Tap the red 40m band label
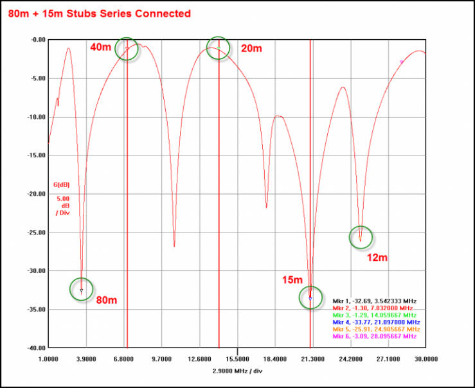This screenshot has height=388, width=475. (100, 47)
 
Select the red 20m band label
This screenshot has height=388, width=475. (251, 48)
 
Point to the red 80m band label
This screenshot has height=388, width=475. (107, 299)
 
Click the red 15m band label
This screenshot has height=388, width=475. (292, 280)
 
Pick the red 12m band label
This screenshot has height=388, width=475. (377, 258)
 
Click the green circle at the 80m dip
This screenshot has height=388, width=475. (81, 289)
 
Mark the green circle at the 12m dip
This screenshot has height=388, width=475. (361, 237)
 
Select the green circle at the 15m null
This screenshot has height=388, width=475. (310, 297)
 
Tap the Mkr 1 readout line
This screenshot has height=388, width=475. (374, 301)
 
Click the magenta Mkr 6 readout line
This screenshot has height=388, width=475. (374, 336)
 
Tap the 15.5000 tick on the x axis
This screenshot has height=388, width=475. (237, 358)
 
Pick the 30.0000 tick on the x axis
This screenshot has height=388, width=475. (426, 358)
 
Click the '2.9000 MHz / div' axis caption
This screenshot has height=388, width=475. (237, 371)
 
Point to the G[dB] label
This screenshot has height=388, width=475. (61, 184)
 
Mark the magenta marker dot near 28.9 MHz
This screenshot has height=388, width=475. (402, 62)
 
